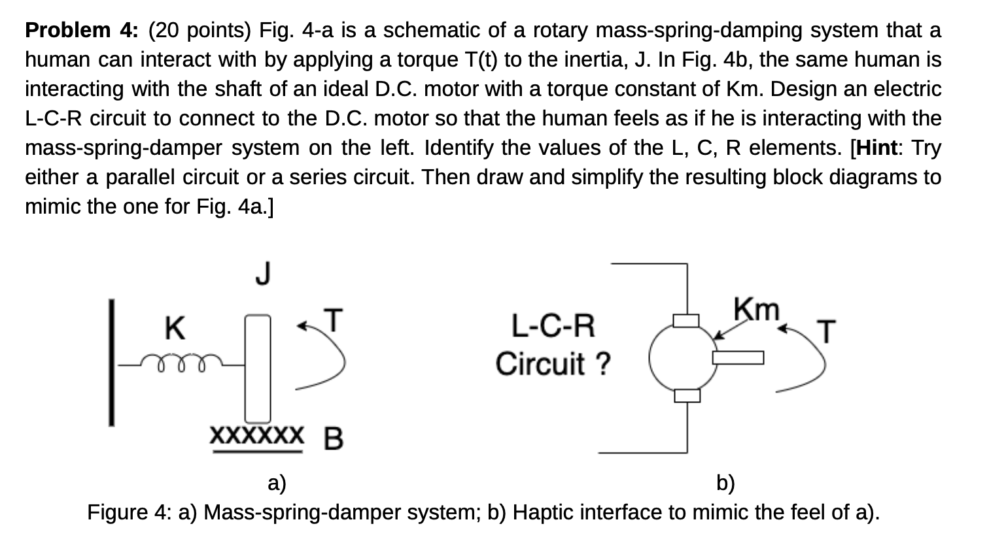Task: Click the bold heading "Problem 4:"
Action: tap(81, 30)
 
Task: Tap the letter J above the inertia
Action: tap(262, 273)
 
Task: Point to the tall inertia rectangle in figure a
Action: tap(258, 369)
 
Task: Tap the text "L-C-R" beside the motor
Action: tap(553, 326)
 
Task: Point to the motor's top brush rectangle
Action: tap(687, 320)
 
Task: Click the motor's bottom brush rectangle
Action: tap(687, 395)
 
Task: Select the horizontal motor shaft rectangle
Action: tap(738, 357)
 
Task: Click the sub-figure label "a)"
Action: tap(277, 483)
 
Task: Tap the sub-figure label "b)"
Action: tap(725, 483)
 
